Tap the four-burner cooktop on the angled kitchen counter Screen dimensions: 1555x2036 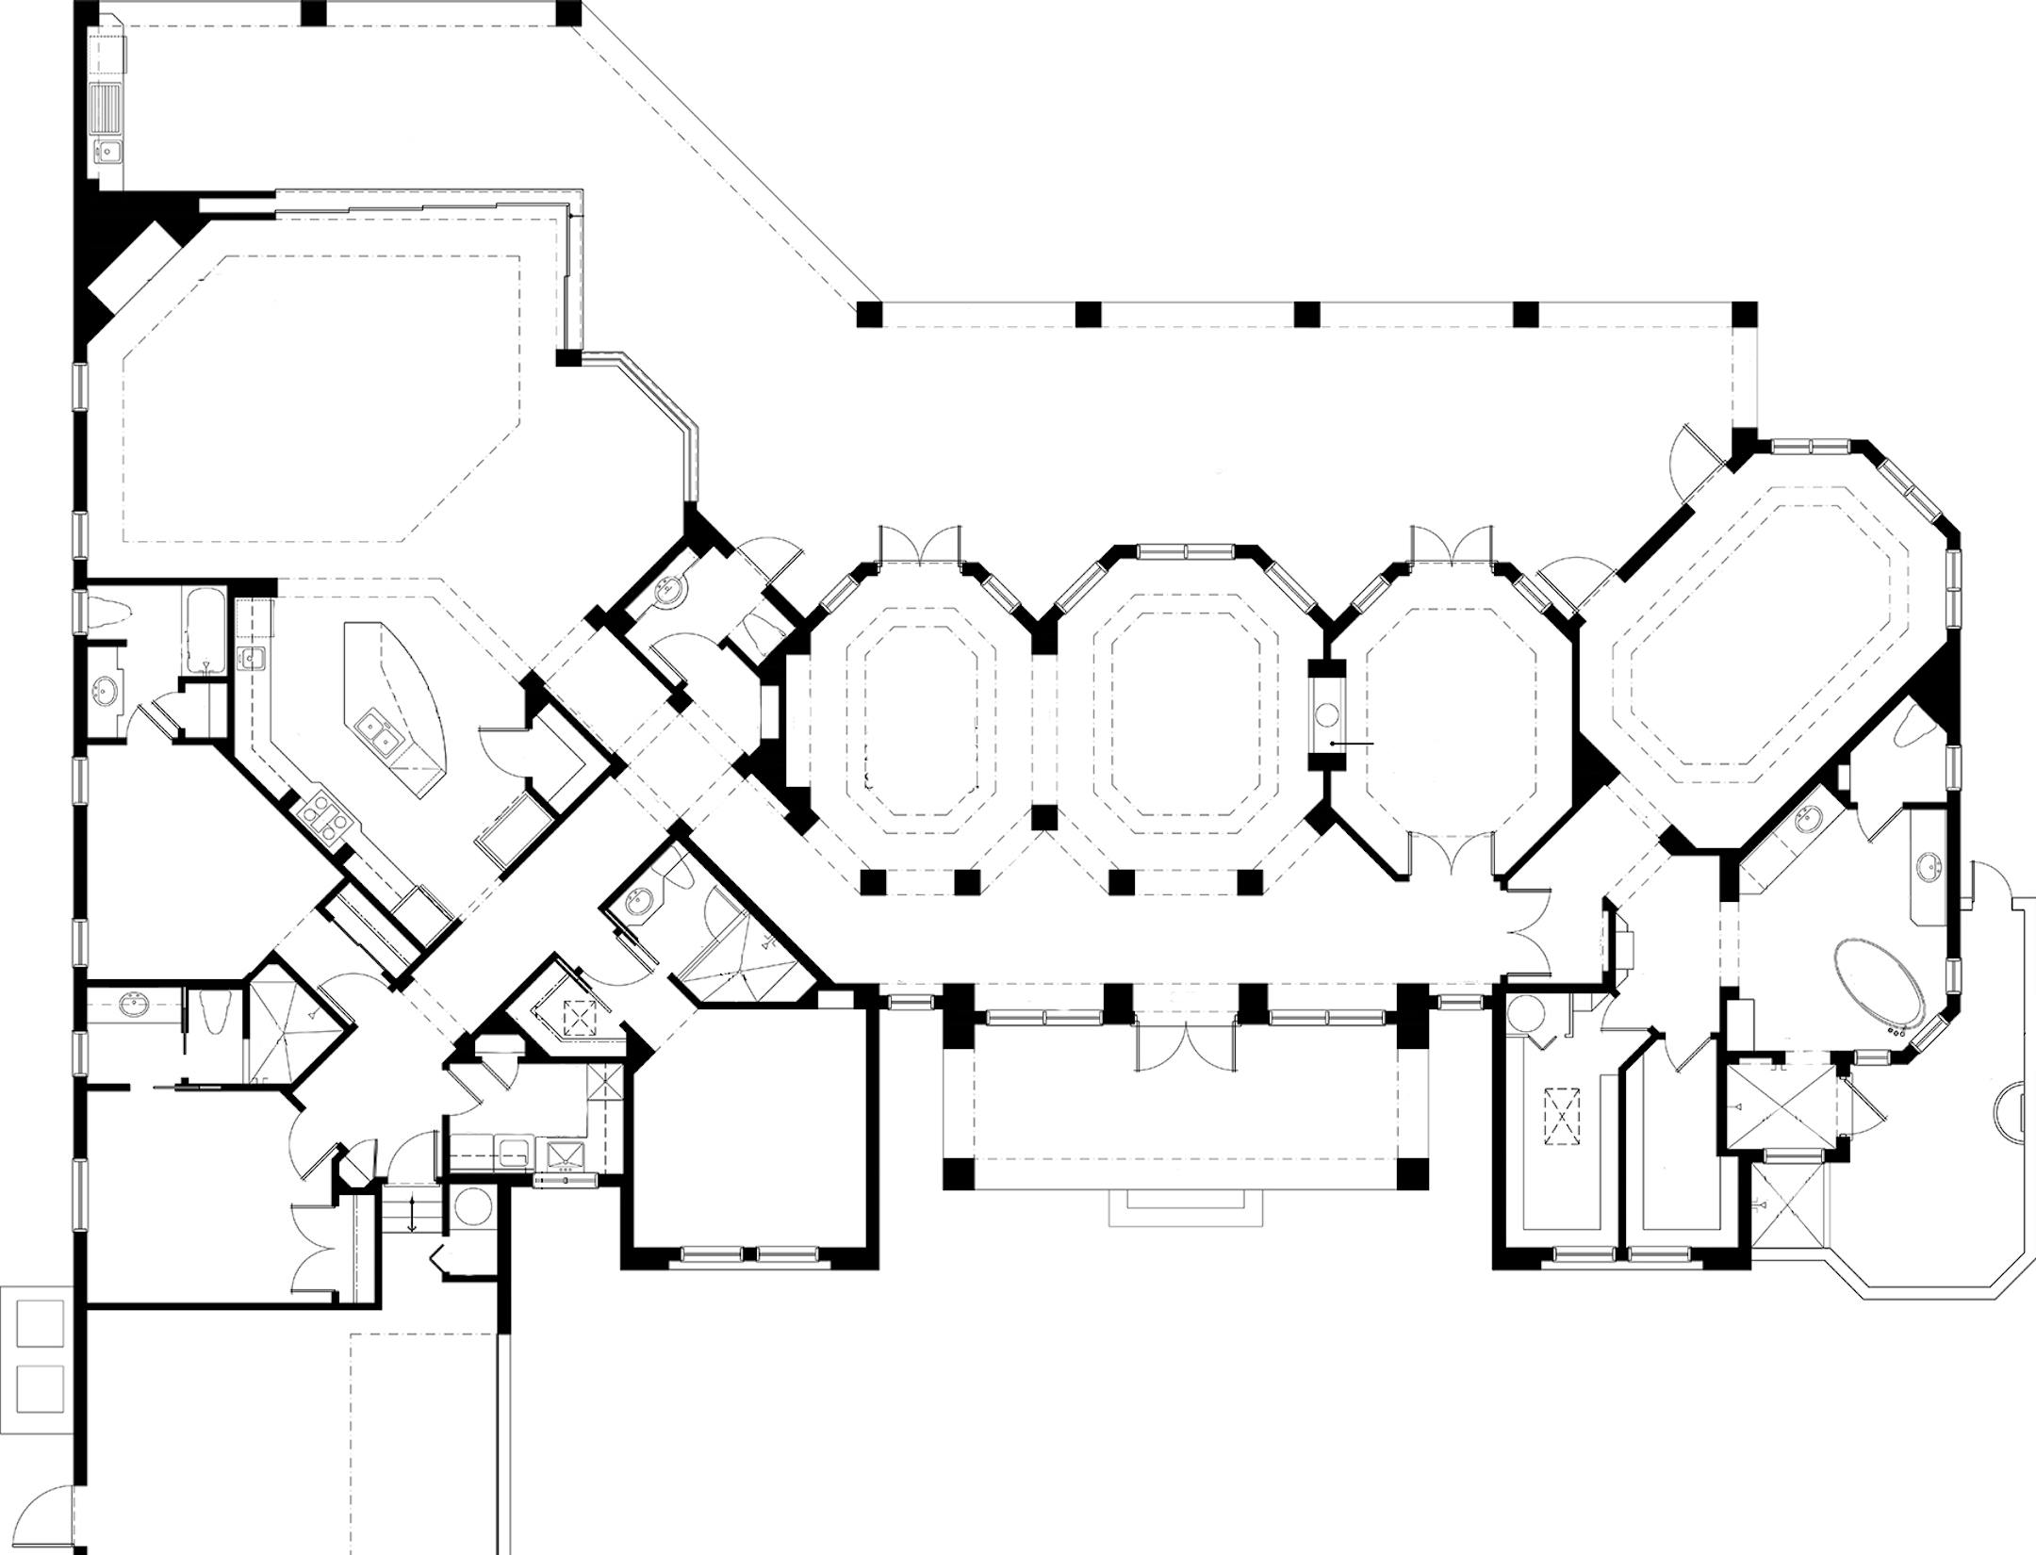(x=322, y=814)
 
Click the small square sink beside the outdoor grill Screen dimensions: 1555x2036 (x=108, y=151)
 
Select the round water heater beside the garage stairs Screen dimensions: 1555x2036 (x=468, y=1207)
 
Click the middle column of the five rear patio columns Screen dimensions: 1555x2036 (x=1305, y=314)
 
